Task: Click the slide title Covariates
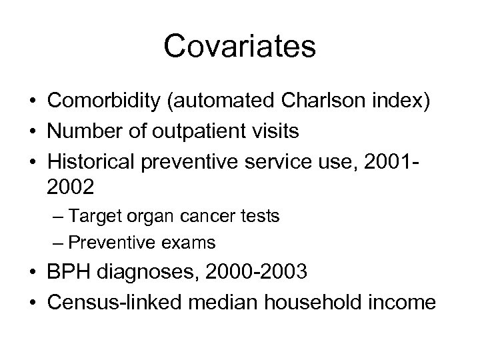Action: pyautogui.click(x=239, y=47)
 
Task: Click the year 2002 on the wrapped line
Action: pyautogui.click(x=71, y=187)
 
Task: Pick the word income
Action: pyautogui.click(x=403, y=302)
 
